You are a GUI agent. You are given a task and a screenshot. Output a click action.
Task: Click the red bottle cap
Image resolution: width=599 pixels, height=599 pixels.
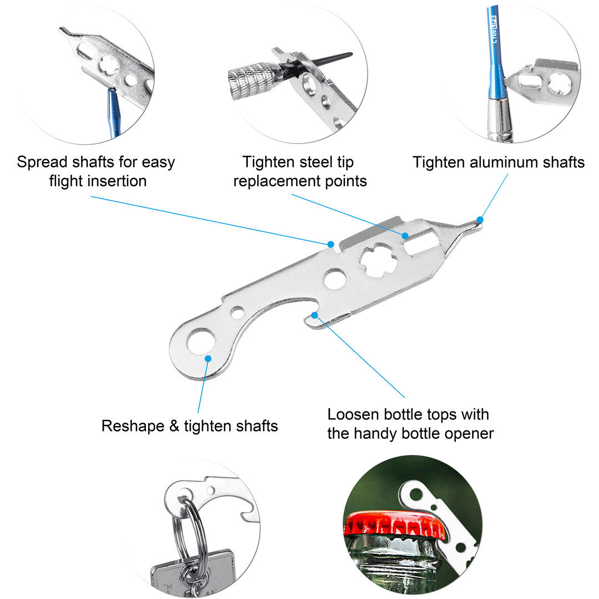pos(394,525)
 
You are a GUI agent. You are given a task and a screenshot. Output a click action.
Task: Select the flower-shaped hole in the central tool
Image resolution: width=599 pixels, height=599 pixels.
pos(378,260)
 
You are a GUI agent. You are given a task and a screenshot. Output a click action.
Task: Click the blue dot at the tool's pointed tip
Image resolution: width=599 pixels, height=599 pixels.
pos(480,220)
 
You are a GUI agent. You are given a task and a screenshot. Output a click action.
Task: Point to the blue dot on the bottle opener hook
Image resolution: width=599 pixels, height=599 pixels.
pos(314,315)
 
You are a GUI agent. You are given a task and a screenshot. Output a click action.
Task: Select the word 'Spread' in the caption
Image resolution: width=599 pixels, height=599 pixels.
pos(44,163)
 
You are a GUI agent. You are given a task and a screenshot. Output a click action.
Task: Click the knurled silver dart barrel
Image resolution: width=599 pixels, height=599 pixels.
pos(252,78)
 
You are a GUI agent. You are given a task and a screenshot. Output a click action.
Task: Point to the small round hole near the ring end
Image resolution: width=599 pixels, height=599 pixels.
pos(237,312)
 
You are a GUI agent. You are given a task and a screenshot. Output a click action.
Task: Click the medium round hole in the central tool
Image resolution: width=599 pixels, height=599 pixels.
pos(334,278)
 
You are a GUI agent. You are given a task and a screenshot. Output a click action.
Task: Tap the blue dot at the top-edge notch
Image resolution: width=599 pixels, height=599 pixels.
pos(331,244)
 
